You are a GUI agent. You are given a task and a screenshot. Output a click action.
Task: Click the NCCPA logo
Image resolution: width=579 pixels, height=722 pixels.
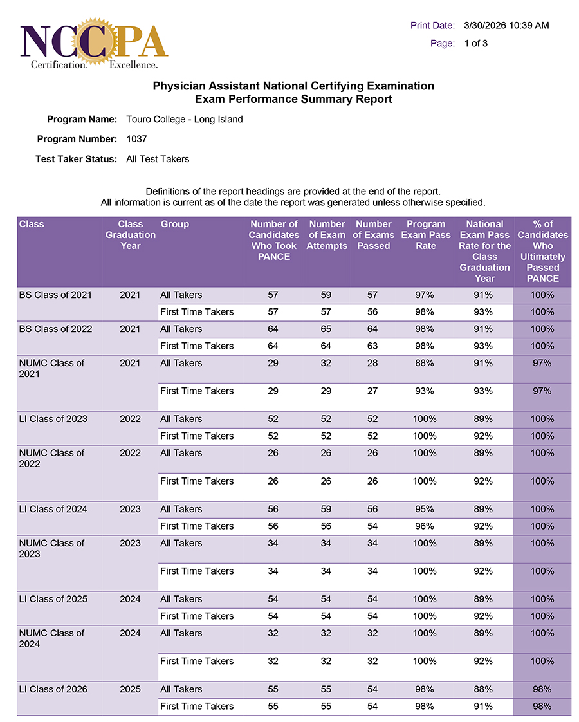(x=94, y=44)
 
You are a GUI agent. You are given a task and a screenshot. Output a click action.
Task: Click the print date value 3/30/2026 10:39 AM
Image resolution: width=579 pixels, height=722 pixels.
(x=506, y=26)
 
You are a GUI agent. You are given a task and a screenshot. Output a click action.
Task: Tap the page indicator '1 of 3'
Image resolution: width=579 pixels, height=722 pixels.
(x=475, y=44)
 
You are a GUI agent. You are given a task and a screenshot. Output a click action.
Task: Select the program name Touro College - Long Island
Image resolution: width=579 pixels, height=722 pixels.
(x=185, y=119)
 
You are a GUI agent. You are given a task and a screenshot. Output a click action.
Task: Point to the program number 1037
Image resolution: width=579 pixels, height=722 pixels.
(x=137, y=139)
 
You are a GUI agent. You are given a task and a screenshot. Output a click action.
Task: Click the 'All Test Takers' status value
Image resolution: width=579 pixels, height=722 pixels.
(x=158, y=159)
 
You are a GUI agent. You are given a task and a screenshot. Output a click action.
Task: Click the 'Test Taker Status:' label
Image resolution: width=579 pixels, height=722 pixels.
(x=76, y=159)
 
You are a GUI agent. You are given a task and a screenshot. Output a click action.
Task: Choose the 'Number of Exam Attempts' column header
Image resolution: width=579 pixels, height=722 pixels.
(x=327, y=235)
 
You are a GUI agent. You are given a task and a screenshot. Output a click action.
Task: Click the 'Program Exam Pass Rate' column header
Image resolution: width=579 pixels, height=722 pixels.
(x=425, y=235)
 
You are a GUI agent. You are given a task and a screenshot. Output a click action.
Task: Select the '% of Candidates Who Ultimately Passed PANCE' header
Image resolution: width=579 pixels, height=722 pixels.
(x=542, y=251)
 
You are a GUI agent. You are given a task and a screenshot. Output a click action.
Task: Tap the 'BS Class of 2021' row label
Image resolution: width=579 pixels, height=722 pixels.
(x=55, y=295)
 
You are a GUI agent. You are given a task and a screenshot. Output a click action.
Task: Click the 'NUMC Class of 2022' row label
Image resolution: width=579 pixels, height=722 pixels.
(x=51, y=458)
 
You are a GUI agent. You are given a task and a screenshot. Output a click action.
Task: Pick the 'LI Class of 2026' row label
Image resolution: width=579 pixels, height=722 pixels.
(x=53, y=689)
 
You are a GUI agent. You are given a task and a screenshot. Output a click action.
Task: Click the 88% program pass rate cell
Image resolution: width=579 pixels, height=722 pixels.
(x=425, y=363)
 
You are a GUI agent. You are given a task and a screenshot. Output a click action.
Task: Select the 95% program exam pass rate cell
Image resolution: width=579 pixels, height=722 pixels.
(x=425, y=509)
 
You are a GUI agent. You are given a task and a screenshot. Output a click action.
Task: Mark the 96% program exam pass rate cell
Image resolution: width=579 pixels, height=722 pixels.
(x=425, y=526)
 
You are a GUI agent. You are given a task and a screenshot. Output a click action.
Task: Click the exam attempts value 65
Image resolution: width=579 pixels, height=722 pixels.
(x=326, y=329)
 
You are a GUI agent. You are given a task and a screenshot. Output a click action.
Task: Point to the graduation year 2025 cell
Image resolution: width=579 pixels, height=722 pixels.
(x=130, y=689)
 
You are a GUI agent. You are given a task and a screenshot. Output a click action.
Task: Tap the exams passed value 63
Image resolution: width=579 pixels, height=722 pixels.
(x=373, y=346)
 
